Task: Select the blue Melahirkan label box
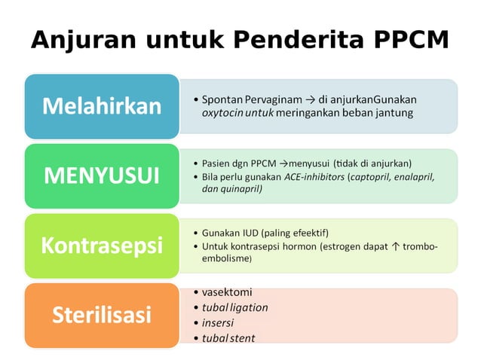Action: (x=102, y=105)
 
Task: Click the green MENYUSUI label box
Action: (x=102, y=175)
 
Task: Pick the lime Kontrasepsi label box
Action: (x=102, y=246)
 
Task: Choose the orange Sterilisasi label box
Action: (x=102, y=314)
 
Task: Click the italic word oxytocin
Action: (x=223, y=113)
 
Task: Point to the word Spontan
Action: (x=221, y=99)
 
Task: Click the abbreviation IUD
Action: (x=247, y=232)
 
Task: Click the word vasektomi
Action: (x=227, y=292)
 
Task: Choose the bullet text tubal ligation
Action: (x=234, y=307)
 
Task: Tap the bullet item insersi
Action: (x=219, y=322)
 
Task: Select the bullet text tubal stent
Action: (x=228, y=337)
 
